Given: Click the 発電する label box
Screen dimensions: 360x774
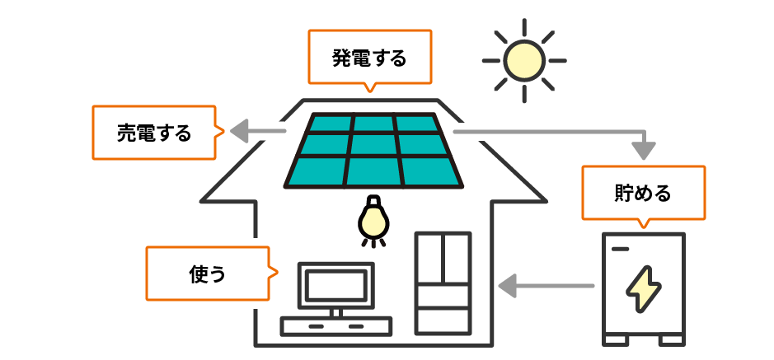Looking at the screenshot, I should tap(369, 57).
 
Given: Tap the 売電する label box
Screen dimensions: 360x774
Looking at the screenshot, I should tap(154, 132).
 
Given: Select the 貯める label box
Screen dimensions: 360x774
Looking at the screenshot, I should tap(643, 192).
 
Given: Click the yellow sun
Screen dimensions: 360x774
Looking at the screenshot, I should tap(524, 60).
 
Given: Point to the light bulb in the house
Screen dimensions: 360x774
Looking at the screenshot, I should tap(372, 219).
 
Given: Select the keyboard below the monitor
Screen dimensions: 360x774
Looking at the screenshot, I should tap(335, 326).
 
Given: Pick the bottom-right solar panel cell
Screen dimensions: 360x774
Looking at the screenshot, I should tap(429, 171).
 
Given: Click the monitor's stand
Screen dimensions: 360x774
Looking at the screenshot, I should tap(335, 311).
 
